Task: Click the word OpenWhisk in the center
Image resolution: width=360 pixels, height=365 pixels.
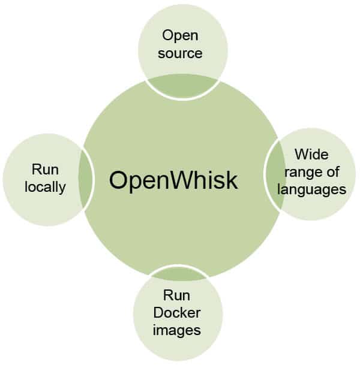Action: (173, 180)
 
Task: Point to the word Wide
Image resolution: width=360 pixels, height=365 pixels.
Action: (311, 155)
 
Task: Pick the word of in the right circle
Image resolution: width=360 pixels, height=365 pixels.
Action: (333, 172)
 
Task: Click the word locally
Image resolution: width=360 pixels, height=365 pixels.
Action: (45, 187)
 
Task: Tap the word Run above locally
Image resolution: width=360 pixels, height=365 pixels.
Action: (45, 170)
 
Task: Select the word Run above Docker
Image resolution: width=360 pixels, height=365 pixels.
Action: (176, 295)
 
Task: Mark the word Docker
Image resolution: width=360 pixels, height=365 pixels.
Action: (176, 312)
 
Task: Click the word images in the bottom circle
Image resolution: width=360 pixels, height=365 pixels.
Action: (176, 330)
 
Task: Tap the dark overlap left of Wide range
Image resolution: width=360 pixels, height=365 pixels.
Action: (275, 174)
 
